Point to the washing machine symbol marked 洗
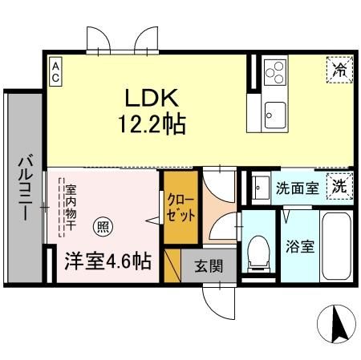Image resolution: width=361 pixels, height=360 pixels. pyautogui.click(x=339, y=188)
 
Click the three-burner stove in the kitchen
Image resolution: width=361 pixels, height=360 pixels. pyautogui.click(x=274, y=71)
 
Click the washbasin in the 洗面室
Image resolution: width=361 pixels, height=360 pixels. pyautogui.click(x=258, y=188)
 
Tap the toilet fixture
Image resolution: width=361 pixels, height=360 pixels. pyautogui.click(x=259, y=252)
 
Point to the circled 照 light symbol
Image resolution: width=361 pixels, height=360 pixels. pyautogui.click(x=101, y=225)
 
